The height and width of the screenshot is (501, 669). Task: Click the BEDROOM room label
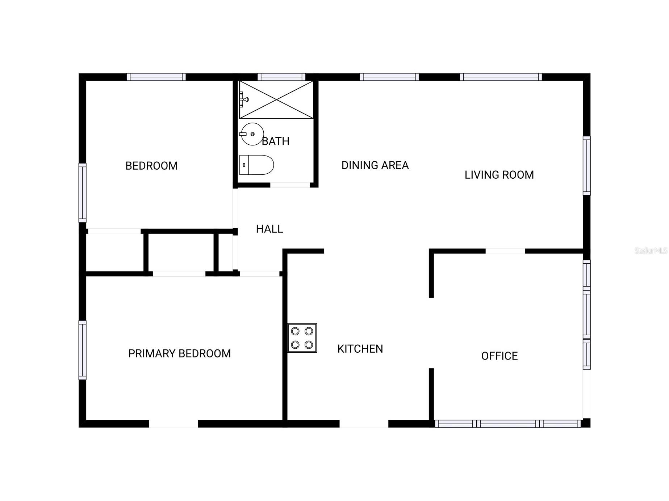[151, 166]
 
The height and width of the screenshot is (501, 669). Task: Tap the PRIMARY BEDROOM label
[179, 353]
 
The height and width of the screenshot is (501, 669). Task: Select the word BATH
[276, 141]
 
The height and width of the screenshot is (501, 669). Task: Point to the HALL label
[269, 229]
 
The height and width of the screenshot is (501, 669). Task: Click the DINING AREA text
[375, 165]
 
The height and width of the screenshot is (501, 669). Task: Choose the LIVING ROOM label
[499, 175]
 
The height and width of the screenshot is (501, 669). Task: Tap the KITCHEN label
[360, 349]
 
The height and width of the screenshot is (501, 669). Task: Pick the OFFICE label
[499, 356]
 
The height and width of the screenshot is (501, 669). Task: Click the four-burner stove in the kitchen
[302, 338]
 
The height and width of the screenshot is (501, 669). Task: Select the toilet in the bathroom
[256, 165]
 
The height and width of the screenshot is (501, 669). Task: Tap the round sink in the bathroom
[252, 134]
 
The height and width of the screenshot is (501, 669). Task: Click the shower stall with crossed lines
[276, 99]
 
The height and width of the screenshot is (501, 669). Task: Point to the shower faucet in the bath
[243, 99]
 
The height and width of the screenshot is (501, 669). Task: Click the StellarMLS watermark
[651, 250]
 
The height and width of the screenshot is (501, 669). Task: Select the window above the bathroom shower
[281, 77]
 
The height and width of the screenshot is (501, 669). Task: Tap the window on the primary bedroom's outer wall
[83, 350]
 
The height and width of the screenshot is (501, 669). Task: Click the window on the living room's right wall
[586, 166]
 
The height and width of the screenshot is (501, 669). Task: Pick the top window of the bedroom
[156, 77]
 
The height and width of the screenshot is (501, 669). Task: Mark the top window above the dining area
[389, 77]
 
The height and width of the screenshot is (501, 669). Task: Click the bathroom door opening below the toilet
[290, 185]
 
